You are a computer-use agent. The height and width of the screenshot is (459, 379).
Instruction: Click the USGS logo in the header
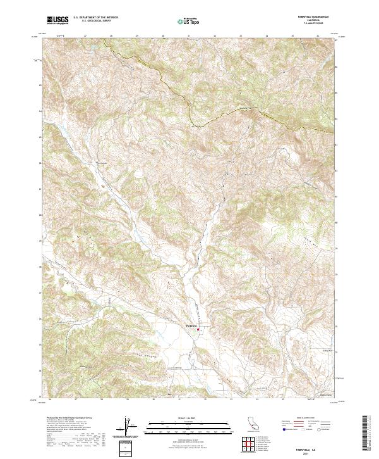coord(57,20)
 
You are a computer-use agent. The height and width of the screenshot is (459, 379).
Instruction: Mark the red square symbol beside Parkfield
coord(199,329)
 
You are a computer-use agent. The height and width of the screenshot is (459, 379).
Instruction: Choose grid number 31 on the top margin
coord(189,37)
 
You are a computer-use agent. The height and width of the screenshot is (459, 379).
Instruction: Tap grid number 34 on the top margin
coord(267,37)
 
